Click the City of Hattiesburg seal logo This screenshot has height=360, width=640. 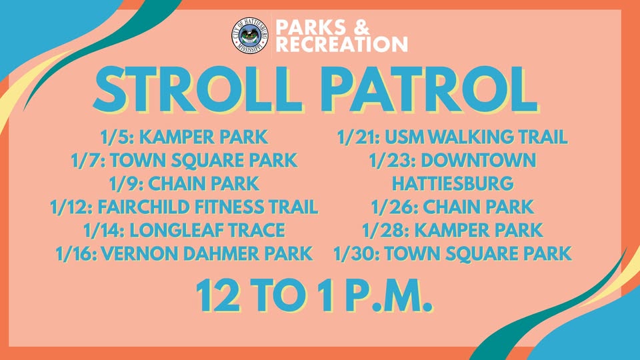pos(250,35)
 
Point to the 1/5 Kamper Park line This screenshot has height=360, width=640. pos(184,137)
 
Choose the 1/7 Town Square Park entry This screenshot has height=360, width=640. pos(184,161)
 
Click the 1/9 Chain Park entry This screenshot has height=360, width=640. pos(184,184)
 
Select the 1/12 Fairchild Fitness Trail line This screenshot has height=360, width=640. pos(184,207)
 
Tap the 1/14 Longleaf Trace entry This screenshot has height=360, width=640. pos(184,230)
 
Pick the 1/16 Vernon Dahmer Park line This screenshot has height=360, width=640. pos(184,253)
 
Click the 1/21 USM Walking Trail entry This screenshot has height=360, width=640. pos(452,137)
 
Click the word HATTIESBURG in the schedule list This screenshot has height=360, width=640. pos(453,184)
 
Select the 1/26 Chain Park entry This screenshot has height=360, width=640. pos(452,207)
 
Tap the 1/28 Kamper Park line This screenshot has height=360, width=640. pos(452,230)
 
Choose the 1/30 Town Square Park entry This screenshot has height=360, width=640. pos(452,253)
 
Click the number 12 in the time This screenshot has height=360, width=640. pos(219,296)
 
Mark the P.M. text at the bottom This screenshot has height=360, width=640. pos(389,296)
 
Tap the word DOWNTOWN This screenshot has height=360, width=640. pos(478,161)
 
